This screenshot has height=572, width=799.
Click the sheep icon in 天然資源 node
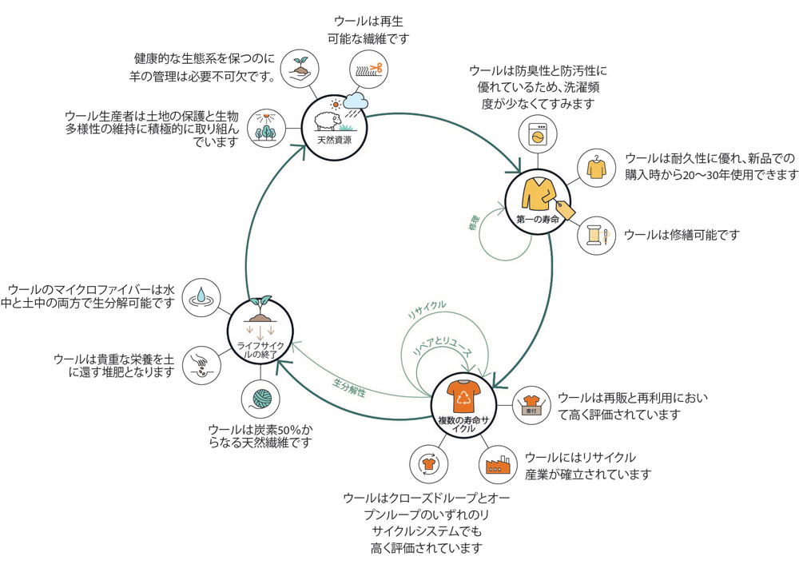328,121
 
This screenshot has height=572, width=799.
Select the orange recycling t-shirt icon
463,396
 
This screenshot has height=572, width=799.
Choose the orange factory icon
500,463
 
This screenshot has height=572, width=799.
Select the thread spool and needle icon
596,236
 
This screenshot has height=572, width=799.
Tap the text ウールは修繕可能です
682,235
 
